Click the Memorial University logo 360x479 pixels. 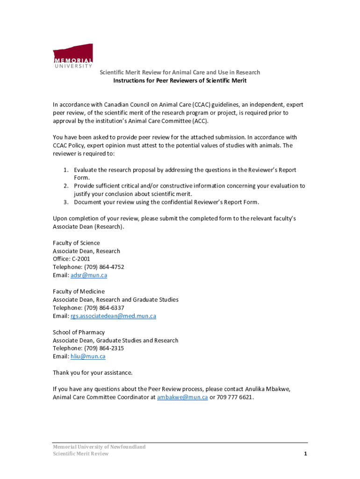click(x=72, y=57)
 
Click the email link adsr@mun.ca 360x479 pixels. click(x=89, y=275)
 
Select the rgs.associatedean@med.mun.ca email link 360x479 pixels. click(x=113, y=316)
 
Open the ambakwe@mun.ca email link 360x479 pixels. click(x=182, y=397)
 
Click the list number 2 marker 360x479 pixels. click(x=66, y=186)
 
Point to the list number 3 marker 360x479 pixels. click(x=66, y=202)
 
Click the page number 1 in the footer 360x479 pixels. click(x=305, y=454)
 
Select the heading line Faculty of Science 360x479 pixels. click(x=76, y=243)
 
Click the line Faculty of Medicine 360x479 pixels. click(x=79, y=291)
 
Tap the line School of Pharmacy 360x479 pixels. click(x=79, y=332)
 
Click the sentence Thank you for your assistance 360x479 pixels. click(x=93, y=373)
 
